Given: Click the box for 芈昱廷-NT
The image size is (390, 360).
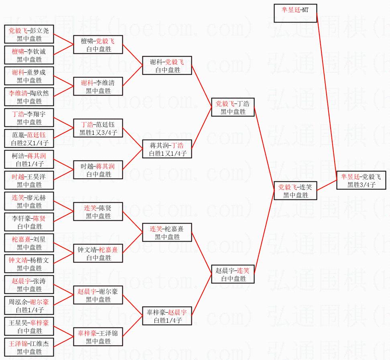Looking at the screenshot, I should tap(295, 13).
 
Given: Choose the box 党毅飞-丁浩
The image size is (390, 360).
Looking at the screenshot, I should tap(233, 107).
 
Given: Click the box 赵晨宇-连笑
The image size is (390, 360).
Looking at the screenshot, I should tap(233, 274).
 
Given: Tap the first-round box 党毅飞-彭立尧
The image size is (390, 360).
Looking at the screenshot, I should tap(29, 34).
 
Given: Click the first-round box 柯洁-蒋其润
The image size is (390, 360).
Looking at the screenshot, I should tap(29, 159).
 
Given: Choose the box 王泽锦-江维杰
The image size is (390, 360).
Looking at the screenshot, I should tap(29, 347).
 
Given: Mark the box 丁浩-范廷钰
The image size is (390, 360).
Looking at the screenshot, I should tap(98, 128).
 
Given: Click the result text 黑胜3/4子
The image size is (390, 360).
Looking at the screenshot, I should tap(361, 185).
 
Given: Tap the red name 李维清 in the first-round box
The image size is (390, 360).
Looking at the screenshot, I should tap(18, 93).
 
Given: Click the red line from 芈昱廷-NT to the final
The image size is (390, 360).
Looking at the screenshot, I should tap(327, 96).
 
